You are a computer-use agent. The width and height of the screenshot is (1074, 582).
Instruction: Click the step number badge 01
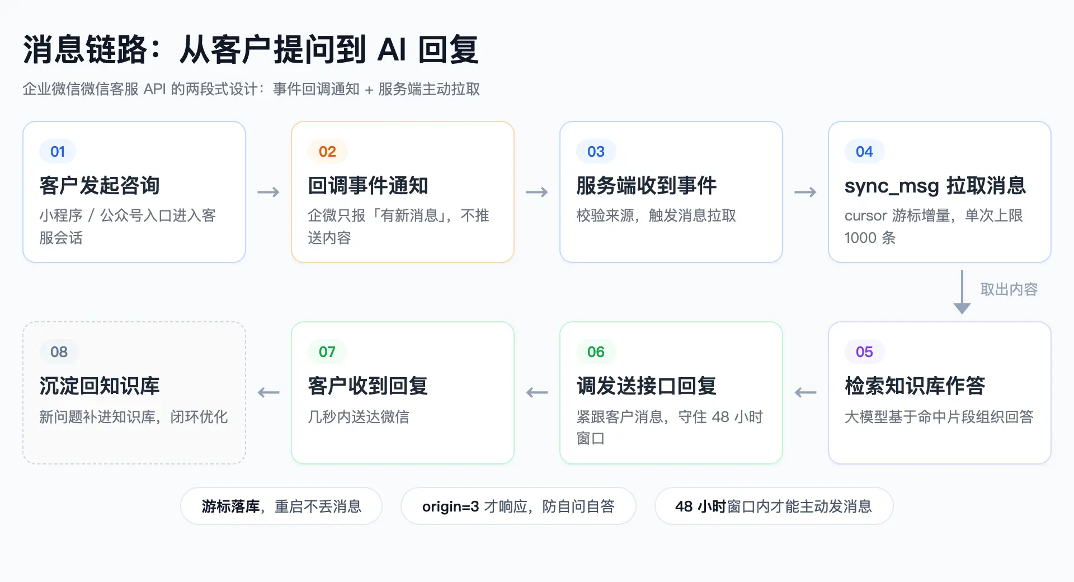[58, 152]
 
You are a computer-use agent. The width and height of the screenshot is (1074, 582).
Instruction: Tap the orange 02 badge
[327, 152]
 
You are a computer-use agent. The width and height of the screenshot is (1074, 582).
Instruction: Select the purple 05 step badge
[864, 352]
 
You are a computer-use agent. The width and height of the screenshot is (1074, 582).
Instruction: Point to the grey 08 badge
[59, 352]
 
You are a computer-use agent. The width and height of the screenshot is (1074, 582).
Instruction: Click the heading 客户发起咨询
[100, 186]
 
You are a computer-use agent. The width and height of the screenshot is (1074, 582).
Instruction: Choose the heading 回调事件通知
[368, 186]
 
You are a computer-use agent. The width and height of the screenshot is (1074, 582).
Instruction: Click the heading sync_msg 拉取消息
[935, 186]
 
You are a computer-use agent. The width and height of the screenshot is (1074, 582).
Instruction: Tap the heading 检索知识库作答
[915, 386]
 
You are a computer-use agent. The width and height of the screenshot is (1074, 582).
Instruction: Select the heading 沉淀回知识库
[100, 386]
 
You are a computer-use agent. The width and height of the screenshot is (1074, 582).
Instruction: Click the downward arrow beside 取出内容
[962, 292]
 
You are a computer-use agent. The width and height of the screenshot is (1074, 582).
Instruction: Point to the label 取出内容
[1009, 289]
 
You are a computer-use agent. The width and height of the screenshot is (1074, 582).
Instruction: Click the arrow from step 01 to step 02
[268, 193]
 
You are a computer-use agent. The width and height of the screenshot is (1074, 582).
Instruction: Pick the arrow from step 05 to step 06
[805, 393]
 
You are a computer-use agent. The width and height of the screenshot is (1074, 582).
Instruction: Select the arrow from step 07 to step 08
[268, 393]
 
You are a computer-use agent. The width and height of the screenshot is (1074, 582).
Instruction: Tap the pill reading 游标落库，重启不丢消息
[281, 506]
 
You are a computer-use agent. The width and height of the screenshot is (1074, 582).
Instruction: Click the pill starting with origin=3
[519, 506]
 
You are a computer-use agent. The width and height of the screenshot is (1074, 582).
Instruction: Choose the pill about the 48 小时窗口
[774, 506]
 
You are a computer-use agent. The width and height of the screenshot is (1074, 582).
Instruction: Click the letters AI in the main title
[392, 50]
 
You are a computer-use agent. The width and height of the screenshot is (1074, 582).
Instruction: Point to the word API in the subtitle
[155, 90]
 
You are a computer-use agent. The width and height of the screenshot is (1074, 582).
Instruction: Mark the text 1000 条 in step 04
[870, 238]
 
